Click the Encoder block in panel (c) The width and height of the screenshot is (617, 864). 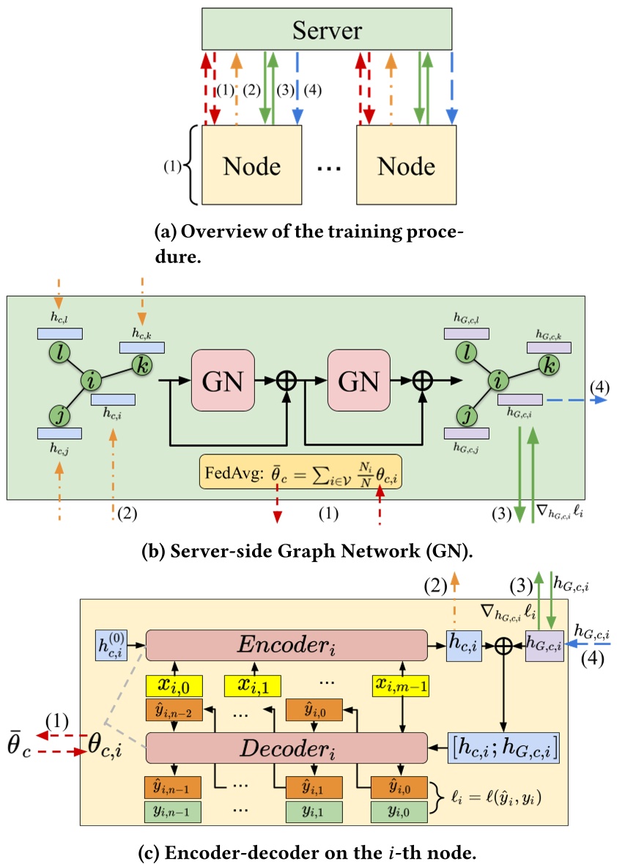point(287,645)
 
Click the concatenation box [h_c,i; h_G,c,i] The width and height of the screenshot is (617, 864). point(503,748)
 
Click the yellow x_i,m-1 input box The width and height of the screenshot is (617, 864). point(402,685)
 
